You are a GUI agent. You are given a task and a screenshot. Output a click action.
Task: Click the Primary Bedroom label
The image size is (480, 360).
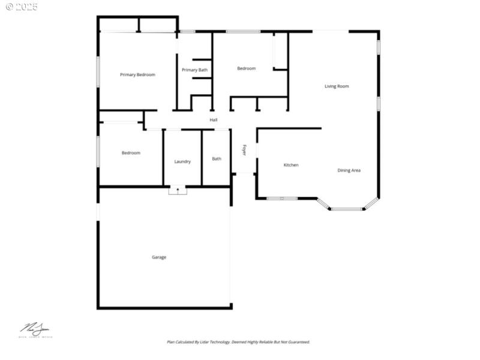tap(137, 75)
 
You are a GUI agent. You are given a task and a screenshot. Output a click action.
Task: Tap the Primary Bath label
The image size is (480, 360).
tap(194, 70)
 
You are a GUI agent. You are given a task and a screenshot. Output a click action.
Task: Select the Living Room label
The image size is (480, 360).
tap(337, 86)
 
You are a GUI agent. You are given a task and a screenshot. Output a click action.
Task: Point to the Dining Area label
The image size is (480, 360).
tap(349, 170)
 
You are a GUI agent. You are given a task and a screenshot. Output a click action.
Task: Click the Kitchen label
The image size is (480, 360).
tap(291, 165)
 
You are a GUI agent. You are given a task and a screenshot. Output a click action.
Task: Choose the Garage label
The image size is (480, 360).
tap(159, 257)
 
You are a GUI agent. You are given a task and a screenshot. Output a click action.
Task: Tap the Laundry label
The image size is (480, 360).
tap(182, 161)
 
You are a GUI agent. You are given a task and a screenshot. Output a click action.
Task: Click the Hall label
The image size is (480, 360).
tap(214, 120)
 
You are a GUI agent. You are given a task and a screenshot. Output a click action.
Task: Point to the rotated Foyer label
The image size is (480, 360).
tap(244, 150)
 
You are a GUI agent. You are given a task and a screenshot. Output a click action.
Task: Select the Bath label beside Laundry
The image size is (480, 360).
tap(217, 159)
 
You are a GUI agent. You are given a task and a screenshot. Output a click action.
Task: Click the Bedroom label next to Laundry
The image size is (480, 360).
tap(131, 153)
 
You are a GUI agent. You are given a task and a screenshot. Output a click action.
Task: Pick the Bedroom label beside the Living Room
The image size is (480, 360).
tap(246, 68)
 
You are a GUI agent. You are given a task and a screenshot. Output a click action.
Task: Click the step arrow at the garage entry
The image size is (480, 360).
tap(178, 190)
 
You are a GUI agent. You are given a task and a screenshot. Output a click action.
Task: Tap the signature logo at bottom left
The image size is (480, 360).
tap(35, 330)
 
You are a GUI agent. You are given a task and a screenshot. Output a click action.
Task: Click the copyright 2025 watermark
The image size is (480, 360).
tap(22, 7)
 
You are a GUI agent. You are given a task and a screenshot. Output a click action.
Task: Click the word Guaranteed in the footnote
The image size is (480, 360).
tap(297, 342)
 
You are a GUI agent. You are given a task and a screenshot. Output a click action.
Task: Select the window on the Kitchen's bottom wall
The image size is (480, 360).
tap(282, 198)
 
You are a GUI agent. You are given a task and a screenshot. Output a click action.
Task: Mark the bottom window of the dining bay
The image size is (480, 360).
tap(347, 209)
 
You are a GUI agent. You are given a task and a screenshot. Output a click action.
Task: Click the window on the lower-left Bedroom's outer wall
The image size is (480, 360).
tap(98, 151)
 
